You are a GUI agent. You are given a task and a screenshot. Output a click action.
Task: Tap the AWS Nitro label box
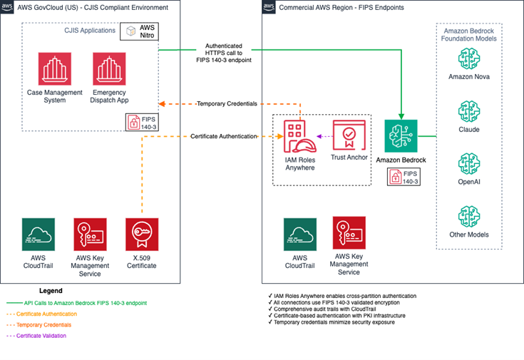click(139, 31)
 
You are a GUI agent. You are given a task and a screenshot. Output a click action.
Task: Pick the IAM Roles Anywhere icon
click(300, 137)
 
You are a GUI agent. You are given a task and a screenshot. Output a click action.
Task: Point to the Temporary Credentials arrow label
click(226, 104)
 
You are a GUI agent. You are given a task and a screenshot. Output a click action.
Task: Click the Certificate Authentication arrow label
click(222, 136)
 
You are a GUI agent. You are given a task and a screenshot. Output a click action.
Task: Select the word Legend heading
click(50, 291)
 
